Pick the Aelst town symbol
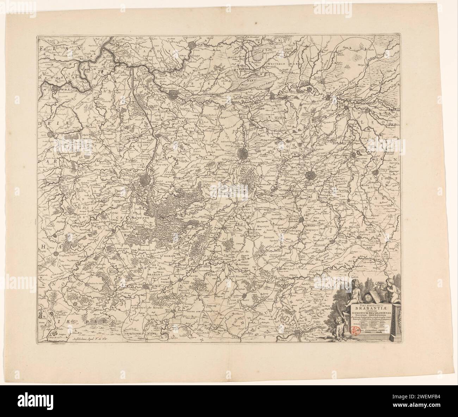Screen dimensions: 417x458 tap(51, 134)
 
